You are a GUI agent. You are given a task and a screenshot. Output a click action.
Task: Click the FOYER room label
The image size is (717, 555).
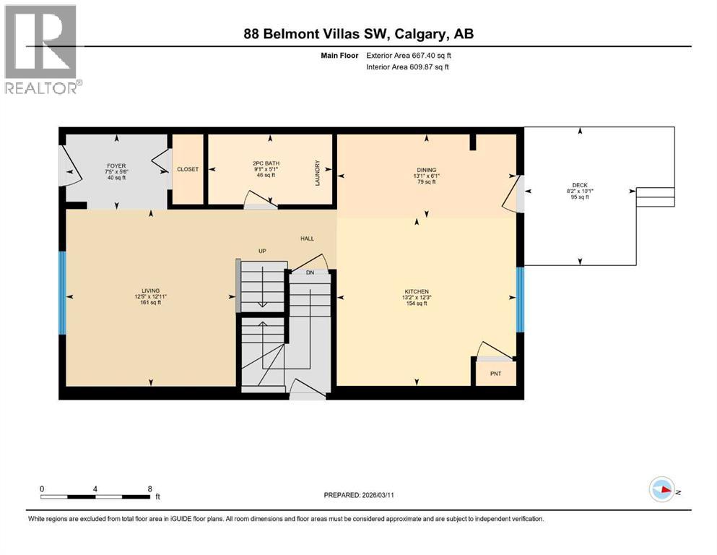[x=116, y=165]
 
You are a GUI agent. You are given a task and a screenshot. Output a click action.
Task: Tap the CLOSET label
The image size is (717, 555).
[x=188, y=169]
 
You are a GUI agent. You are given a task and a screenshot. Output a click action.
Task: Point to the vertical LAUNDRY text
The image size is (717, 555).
[x=317, y=172]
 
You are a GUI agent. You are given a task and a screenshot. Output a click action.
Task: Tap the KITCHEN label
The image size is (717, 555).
[x=417, y=291]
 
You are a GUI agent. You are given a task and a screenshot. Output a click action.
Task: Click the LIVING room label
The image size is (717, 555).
[x=150, y=291]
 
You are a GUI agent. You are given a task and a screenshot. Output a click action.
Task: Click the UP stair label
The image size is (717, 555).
[x=263, y=251]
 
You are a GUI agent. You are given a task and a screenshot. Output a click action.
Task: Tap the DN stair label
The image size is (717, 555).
[x=310, y=272]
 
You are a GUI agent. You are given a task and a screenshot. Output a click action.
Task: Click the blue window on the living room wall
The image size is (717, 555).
[x=62, y=293]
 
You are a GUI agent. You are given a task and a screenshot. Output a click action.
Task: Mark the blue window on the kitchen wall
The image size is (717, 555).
[x=520, y=300]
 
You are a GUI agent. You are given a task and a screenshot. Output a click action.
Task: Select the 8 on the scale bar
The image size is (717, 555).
[x=149, y=489]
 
